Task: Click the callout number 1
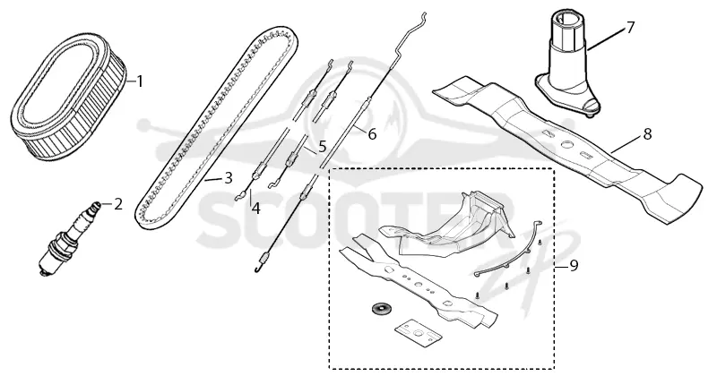click(x=140, y=81)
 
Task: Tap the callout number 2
click(x=118, y=204)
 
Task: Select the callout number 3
click(x=229, y=178)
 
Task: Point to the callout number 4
click(x=255, y=209)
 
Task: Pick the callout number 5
click(x=323, y=147)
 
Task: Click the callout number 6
click(x=372, y=134)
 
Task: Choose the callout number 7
click(x=631, y=28)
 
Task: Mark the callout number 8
click(x=647, y=134)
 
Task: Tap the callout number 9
click(x=574, y=265)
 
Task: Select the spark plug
click(x=69, y=237)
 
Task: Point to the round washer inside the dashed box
click(x=379, y=308)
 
